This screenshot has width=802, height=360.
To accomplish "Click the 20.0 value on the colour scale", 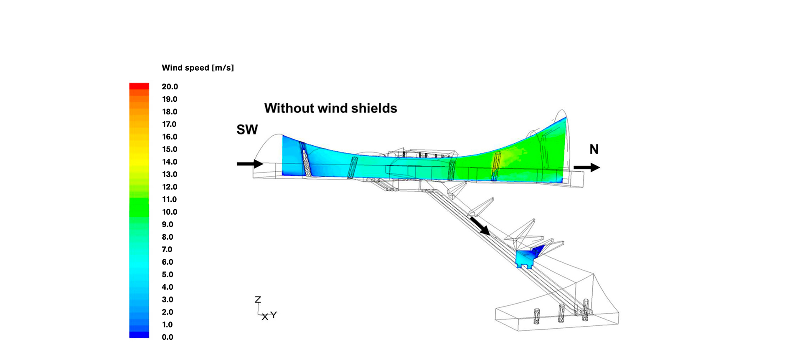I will pos(170,87).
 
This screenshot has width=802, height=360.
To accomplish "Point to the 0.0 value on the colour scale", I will pos(168,337).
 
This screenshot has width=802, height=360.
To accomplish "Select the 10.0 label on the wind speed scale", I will pos(170,212).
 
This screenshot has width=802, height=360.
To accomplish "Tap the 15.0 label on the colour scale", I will pos(170,149).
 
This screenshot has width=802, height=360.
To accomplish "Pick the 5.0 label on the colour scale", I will pos(168,274).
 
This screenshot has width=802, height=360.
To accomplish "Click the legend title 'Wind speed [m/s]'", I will pos(198,68).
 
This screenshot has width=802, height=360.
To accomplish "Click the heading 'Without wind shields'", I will pos(330,108).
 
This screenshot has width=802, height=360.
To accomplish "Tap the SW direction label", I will pos(247,129).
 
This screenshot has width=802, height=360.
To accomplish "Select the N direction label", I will pos(594,149).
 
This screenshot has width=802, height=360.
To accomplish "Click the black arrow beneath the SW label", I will pos(250,164).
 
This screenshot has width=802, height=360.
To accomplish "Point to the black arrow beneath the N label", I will pos(586,167).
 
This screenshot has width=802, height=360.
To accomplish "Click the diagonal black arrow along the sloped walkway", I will pos(480,226).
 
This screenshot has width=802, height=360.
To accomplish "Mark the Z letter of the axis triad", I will pos(258,299).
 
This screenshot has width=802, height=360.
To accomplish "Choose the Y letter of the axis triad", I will pos(274,314).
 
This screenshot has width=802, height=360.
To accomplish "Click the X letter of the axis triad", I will pos(265,317).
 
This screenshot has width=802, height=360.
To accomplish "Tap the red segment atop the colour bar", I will pos(139,86).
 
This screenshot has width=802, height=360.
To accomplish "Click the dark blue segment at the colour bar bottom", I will pos(139,335).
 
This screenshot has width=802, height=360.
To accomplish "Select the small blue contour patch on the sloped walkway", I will pos(527,257).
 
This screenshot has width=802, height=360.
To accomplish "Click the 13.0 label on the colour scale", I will pos(170,174).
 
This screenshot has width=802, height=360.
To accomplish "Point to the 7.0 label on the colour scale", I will pos(167,249).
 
